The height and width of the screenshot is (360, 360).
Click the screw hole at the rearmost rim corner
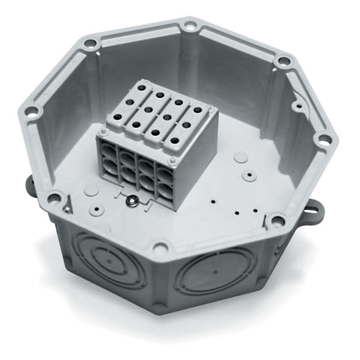tap(191, 26)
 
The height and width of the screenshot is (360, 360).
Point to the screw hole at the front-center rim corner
tap(160, 247)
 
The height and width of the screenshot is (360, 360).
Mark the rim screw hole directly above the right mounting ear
tap(278, 221)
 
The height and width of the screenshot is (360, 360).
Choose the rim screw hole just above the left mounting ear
tap(54, 198)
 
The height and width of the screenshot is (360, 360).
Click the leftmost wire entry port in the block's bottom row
tap(110, 169)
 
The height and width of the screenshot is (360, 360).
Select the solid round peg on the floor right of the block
tap(241, 157)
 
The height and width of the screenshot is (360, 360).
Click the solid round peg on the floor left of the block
tap(91, 189)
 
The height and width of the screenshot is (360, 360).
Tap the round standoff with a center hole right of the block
tap(249, 175)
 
